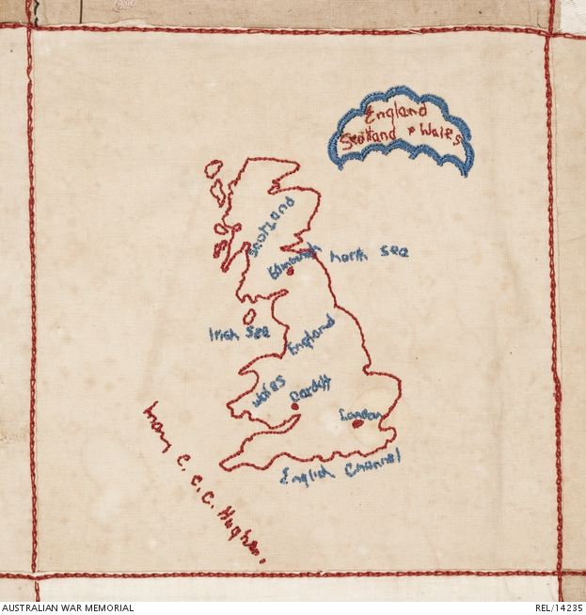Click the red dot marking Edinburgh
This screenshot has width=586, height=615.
(x=291, y=271)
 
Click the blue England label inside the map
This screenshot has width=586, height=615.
(x=311, y=336)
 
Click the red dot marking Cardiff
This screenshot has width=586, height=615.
(x=295, y=406)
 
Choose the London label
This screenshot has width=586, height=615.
(x=359, y=414)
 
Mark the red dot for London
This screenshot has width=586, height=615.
(x=356, y=423)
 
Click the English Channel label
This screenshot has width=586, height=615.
(x=341, y=466)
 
